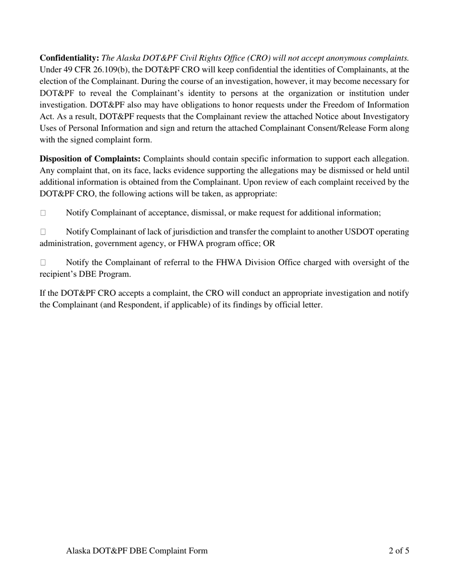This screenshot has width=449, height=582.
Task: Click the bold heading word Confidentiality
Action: click(x=69, y=58)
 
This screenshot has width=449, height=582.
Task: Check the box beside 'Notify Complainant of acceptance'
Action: click(x=43, y=213)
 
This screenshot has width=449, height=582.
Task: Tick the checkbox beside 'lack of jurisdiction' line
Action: click(x=43, y=232)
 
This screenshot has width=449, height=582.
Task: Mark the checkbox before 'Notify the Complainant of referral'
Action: click(x=43, y=262)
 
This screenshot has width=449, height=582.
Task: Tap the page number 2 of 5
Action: click(x=398, y=551)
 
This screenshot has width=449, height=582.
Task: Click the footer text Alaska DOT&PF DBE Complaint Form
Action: click(x=137, y=551)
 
